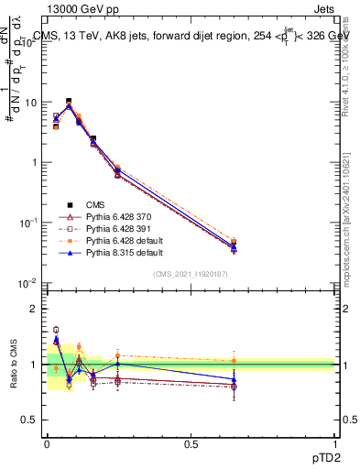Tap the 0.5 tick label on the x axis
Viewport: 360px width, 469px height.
point(191,445)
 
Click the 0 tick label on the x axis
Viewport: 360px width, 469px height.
point(47,445)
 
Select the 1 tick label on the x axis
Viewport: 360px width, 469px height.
point(334,445)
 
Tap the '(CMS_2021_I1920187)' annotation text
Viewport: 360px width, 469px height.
point(191,273)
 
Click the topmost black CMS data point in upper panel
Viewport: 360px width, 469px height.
point(69,102)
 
